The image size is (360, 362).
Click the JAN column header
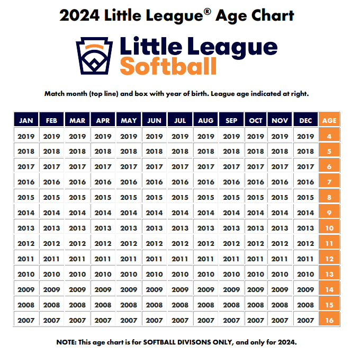tap(26, 120)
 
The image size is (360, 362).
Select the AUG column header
tap(205, 120)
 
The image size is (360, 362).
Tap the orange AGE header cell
tap(329, 120)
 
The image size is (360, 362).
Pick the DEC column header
tap(305, 120)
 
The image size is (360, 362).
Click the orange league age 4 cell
tap(329, 136)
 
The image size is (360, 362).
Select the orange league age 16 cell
tap(329, 320)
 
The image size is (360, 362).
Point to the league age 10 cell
tap(329, 228)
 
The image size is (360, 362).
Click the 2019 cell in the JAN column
tap(26, 136)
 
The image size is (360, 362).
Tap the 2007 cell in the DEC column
tap(305, 320)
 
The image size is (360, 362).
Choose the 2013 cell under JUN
tap(154, 228)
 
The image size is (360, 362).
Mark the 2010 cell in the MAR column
tap(77, 274)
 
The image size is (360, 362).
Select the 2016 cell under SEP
tap(231, 182)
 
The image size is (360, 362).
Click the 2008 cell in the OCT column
tap(256, 305)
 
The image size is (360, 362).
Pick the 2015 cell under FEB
tap(51, 198)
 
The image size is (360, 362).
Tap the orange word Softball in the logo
tap(168, 67)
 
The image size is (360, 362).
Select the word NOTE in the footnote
tap(68, 342)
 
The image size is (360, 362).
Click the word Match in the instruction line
tap(56, 94)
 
